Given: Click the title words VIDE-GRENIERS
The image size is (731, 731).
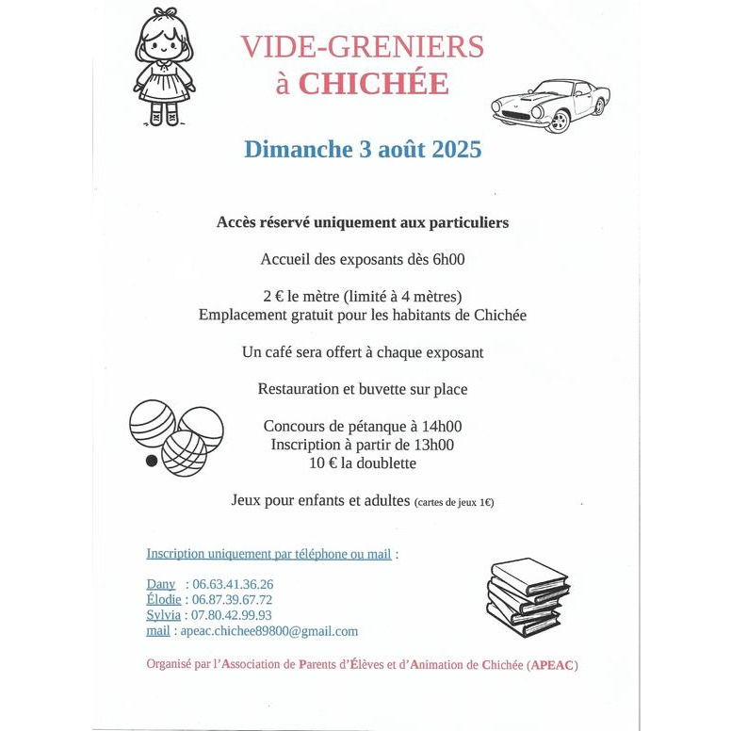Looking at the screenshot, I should pyautogui.click(x=362, y=46).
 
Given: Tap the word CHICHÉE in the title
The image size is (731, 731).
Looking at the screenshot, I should pyautogui.click(x=374, y=84).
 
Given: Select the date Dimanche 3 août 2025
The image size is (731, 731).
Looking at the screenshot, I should pyautogui.click(x=362, y=149).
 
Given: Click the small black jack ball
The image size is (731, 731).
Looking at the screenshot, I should pyautogui.click(x=151, y=462).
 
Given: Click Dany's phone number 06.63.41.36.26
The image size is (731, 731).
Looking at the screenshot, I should pyautogui.click(x=233, y=584).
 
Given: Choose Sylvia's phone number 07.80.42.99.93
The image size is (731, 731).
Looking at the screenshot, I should pyautogui.click(x=232, y=615).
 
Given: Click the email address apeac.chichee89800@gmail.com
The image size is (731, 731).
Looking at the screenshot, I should pyautogui.click(x=268, y=631).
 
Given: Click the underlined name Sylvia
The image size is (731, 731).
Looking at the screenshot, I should pyautogui.click(x=163, y=615).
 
